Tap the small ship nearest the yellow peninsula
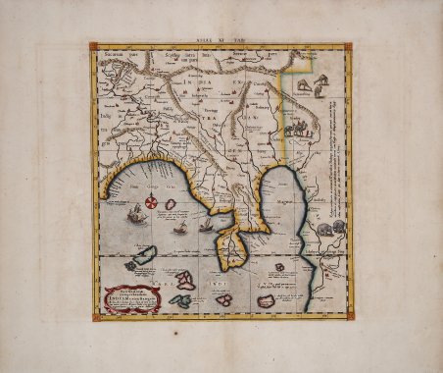pyautogui.click(x=207, y=228)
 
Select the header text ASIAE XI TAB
pyautogui.click(x=221, y=34)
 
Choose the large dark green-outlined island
pyautogui.click(x=142, y=257)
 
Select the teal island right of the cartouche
pyautogui.click(x=179, y=300)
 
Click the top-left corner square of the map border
pyautogui.click(x=95, y=46)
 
